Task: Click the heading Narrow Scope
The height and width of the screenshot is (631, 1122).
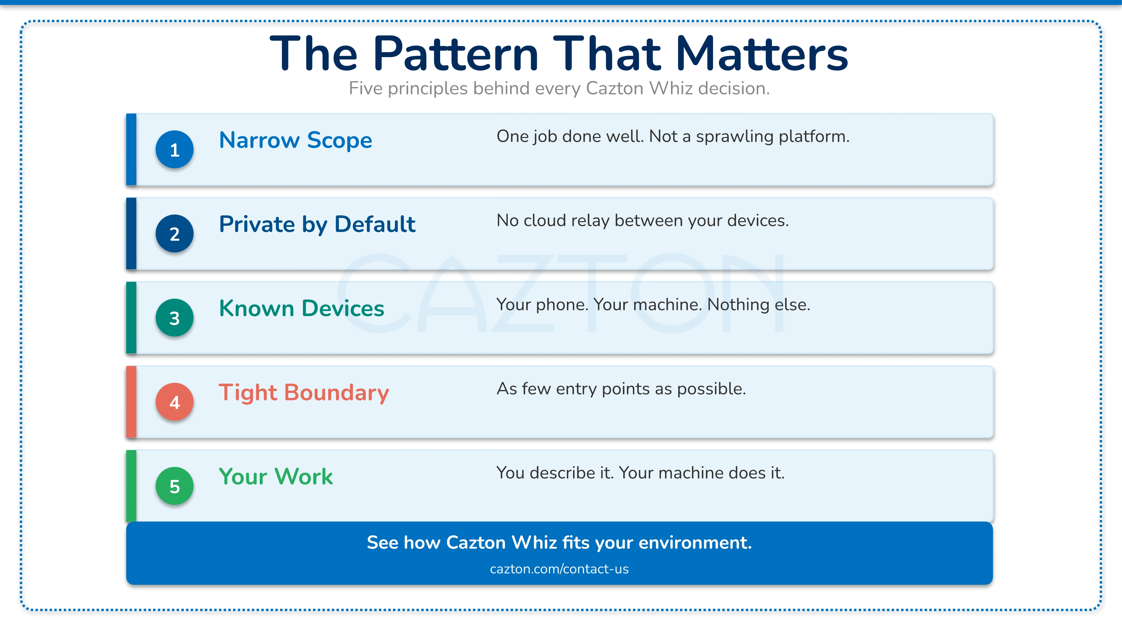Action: (296, 140)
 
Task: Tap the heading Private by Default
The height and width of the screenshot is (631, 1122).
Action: (317, 225)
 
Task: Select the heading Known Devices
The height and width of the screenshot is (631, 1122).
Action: (302, 308)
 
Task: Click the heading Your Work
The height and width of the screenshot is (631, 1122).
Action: (276, 476)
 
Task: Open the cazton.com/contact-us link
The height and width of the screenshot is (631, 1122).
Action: (559, 569)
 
